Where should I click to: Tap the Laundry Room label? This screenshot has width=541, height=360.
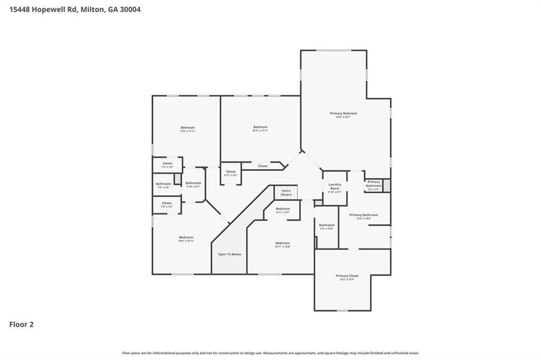[x=334, y=187]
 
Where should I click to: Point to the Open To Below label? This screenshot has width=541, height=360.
[x=229, y=254]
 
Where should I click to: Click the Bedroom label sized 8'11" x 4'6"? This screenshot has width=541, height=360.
[x=283, y=209]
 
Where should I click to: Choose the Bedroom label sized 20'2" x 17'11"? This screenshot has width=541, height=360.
[x=260, y=127]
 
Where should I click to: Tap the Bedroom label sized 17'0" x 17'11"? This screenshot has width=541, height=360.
[x=187, y=127]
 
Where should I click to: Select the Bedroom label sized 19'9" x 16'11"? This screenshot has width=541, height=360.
[x=186, y=238]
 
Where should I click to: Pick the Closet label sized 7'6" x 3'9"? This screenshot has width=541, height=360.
[x=167, y=164]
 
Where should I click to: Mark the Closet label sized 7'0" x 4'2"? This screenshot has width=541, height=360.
[x=166, y=203]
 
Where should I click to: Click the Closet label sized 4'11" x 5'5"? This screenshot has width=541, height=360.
[x=231, y=172]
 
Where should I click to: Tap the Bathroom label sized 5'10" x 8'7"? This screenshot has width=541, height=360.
[x=193, y=183]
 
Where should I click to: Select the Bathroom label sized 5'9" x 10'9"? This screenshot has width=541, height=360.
[x=326, y=226]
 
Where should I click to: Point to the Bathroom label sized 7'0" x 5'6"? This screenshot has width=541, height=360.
[x=163, y=184]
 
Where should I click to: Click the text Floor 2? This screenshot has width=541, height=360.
[x=21, y=325]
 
